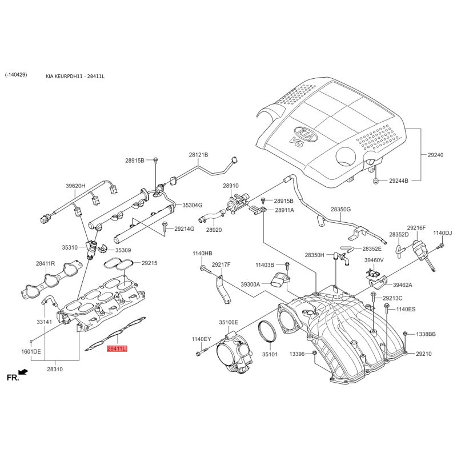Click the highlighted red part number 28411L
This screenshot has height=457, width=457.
pyautogui.click(x=117, y=348)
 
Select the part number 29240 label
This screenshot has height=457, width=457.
pyautogui.click(x=435, y=155)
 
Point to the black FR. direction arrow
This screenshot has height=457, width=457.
pyautogui.click(x=23, y=372)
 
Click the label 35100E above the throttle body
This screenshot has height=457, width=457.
pyautogui.click(x=228, y=322)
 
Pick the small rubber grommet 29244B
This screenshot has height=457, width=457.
pyautogui.click(x=376, y=181)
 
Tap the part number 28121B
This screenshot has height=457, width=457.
pyautogui.click(x=198, y=155)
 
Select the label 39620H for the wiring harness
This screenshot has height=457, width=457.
pyautogui.click(x=75, y=186)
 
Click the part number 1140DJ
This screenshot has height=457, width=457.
pyautogui.click(x=442, y=233)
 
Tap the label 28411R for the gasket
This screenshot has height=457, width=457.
pyautogui.click(x=46, y=263)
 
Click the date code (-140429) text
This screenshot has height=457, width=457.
pyautogui.click(x=16, y=75)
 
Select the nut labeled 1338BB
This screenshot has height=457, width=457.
pyautogui.click(x=405, y=334)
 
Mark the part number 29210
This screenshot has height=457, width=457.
pyautogui.click(x=424, y=354)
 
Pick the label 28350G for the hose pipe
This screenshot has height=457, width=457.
pyautogui.click(x=340, y=209)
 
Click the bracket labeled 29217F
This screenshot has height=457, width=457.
pyautogui.click(x=223, y=289)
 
